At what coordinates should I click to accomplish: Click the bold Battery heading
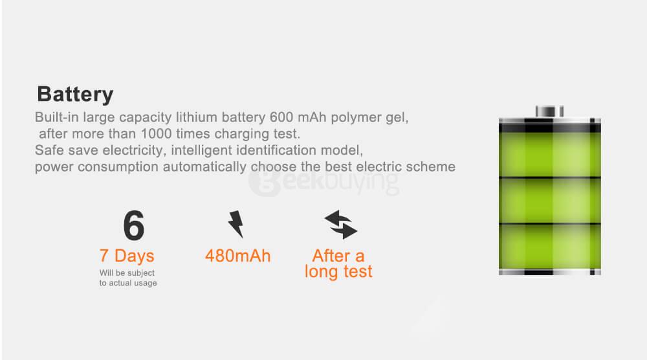point(75,95)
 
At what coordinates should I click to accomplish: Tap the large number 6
point(134,225)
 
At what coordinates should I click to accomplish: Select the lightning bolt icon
point(236,224)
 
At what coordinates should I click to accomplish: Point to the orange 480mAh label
point(237,256)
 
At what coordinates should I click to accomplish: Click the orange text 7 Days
point(127,256)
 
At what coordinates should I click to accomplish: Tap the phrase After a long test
point(338,264)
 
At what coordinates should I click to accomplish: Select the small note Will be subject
point(127,273)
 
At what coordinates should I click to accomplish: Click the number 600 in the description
point(281,117)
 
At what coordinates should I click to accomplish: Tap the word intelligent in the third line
point(201,151)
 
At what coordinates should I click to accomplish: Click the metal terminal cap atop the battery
point(549,111)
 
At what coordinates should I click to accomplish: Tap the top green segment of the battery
point(549,154)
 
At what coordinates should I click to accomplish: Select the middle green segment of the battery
point(549,201)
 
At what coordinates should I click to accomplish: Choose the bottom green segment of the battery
point(549,247)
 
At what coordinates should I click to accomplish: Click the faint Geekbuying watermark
point(324,182)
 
